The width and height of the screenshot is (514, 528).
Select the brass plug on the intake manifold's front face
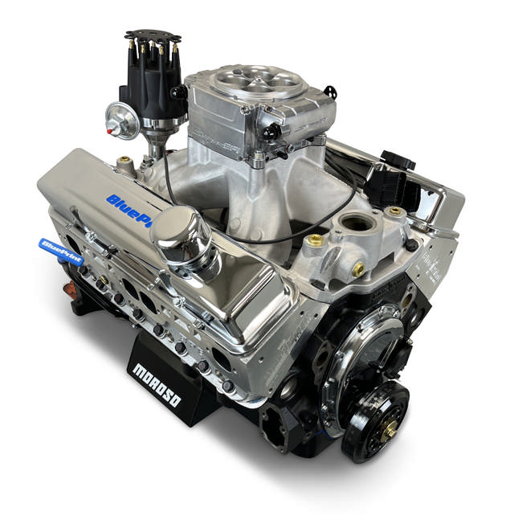pos(357,269)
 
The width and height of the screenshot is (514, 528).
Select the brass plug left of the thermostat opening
pos(316,239)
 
